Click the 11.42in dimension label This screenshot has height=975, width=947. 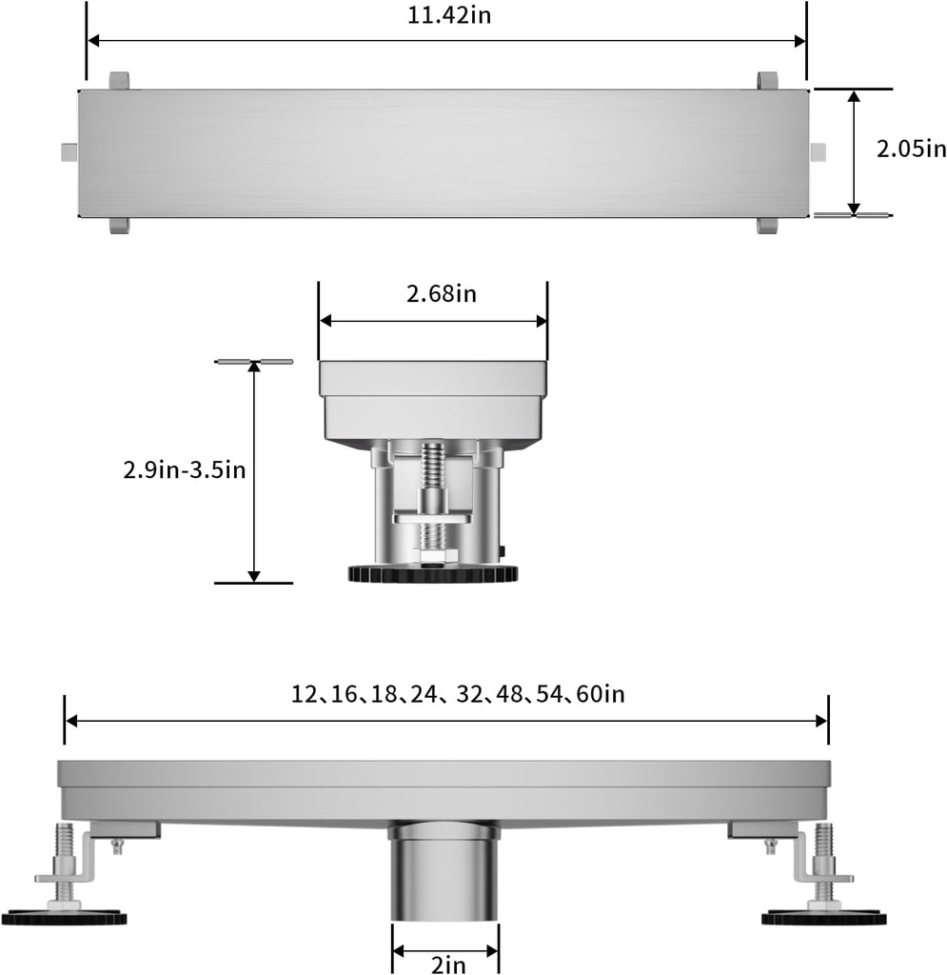tap(446, 16)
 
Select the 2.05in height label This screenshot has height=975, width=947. tap(911, 149)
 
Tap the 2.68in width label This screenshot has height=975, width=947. tap(441, 294)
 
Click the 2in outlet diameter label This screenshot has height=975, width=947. tap(447, 964)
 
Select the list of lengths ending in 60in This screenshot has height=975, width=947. tap(457, 694)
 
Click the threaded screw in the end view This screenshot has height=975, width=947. tap(434, 476)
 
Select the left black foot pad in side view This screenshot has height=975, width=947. tap(65, 918)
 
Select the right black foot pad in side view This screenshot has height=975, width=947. tap(823, 918)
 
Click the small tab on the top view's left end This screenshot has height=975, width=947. tap(68, 152)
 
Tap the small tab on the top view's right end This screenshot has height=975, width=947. tap(818, 152)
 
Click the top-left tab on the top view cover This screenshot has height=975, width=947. tap(118, 80)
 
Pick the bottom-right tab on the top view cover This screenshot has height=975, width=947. tap(767, 226)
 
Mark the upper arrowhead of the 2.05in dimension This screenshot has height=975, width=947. tap(854, 96)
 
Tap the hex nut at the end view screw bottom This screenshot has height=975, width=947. tap(433, 554)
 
